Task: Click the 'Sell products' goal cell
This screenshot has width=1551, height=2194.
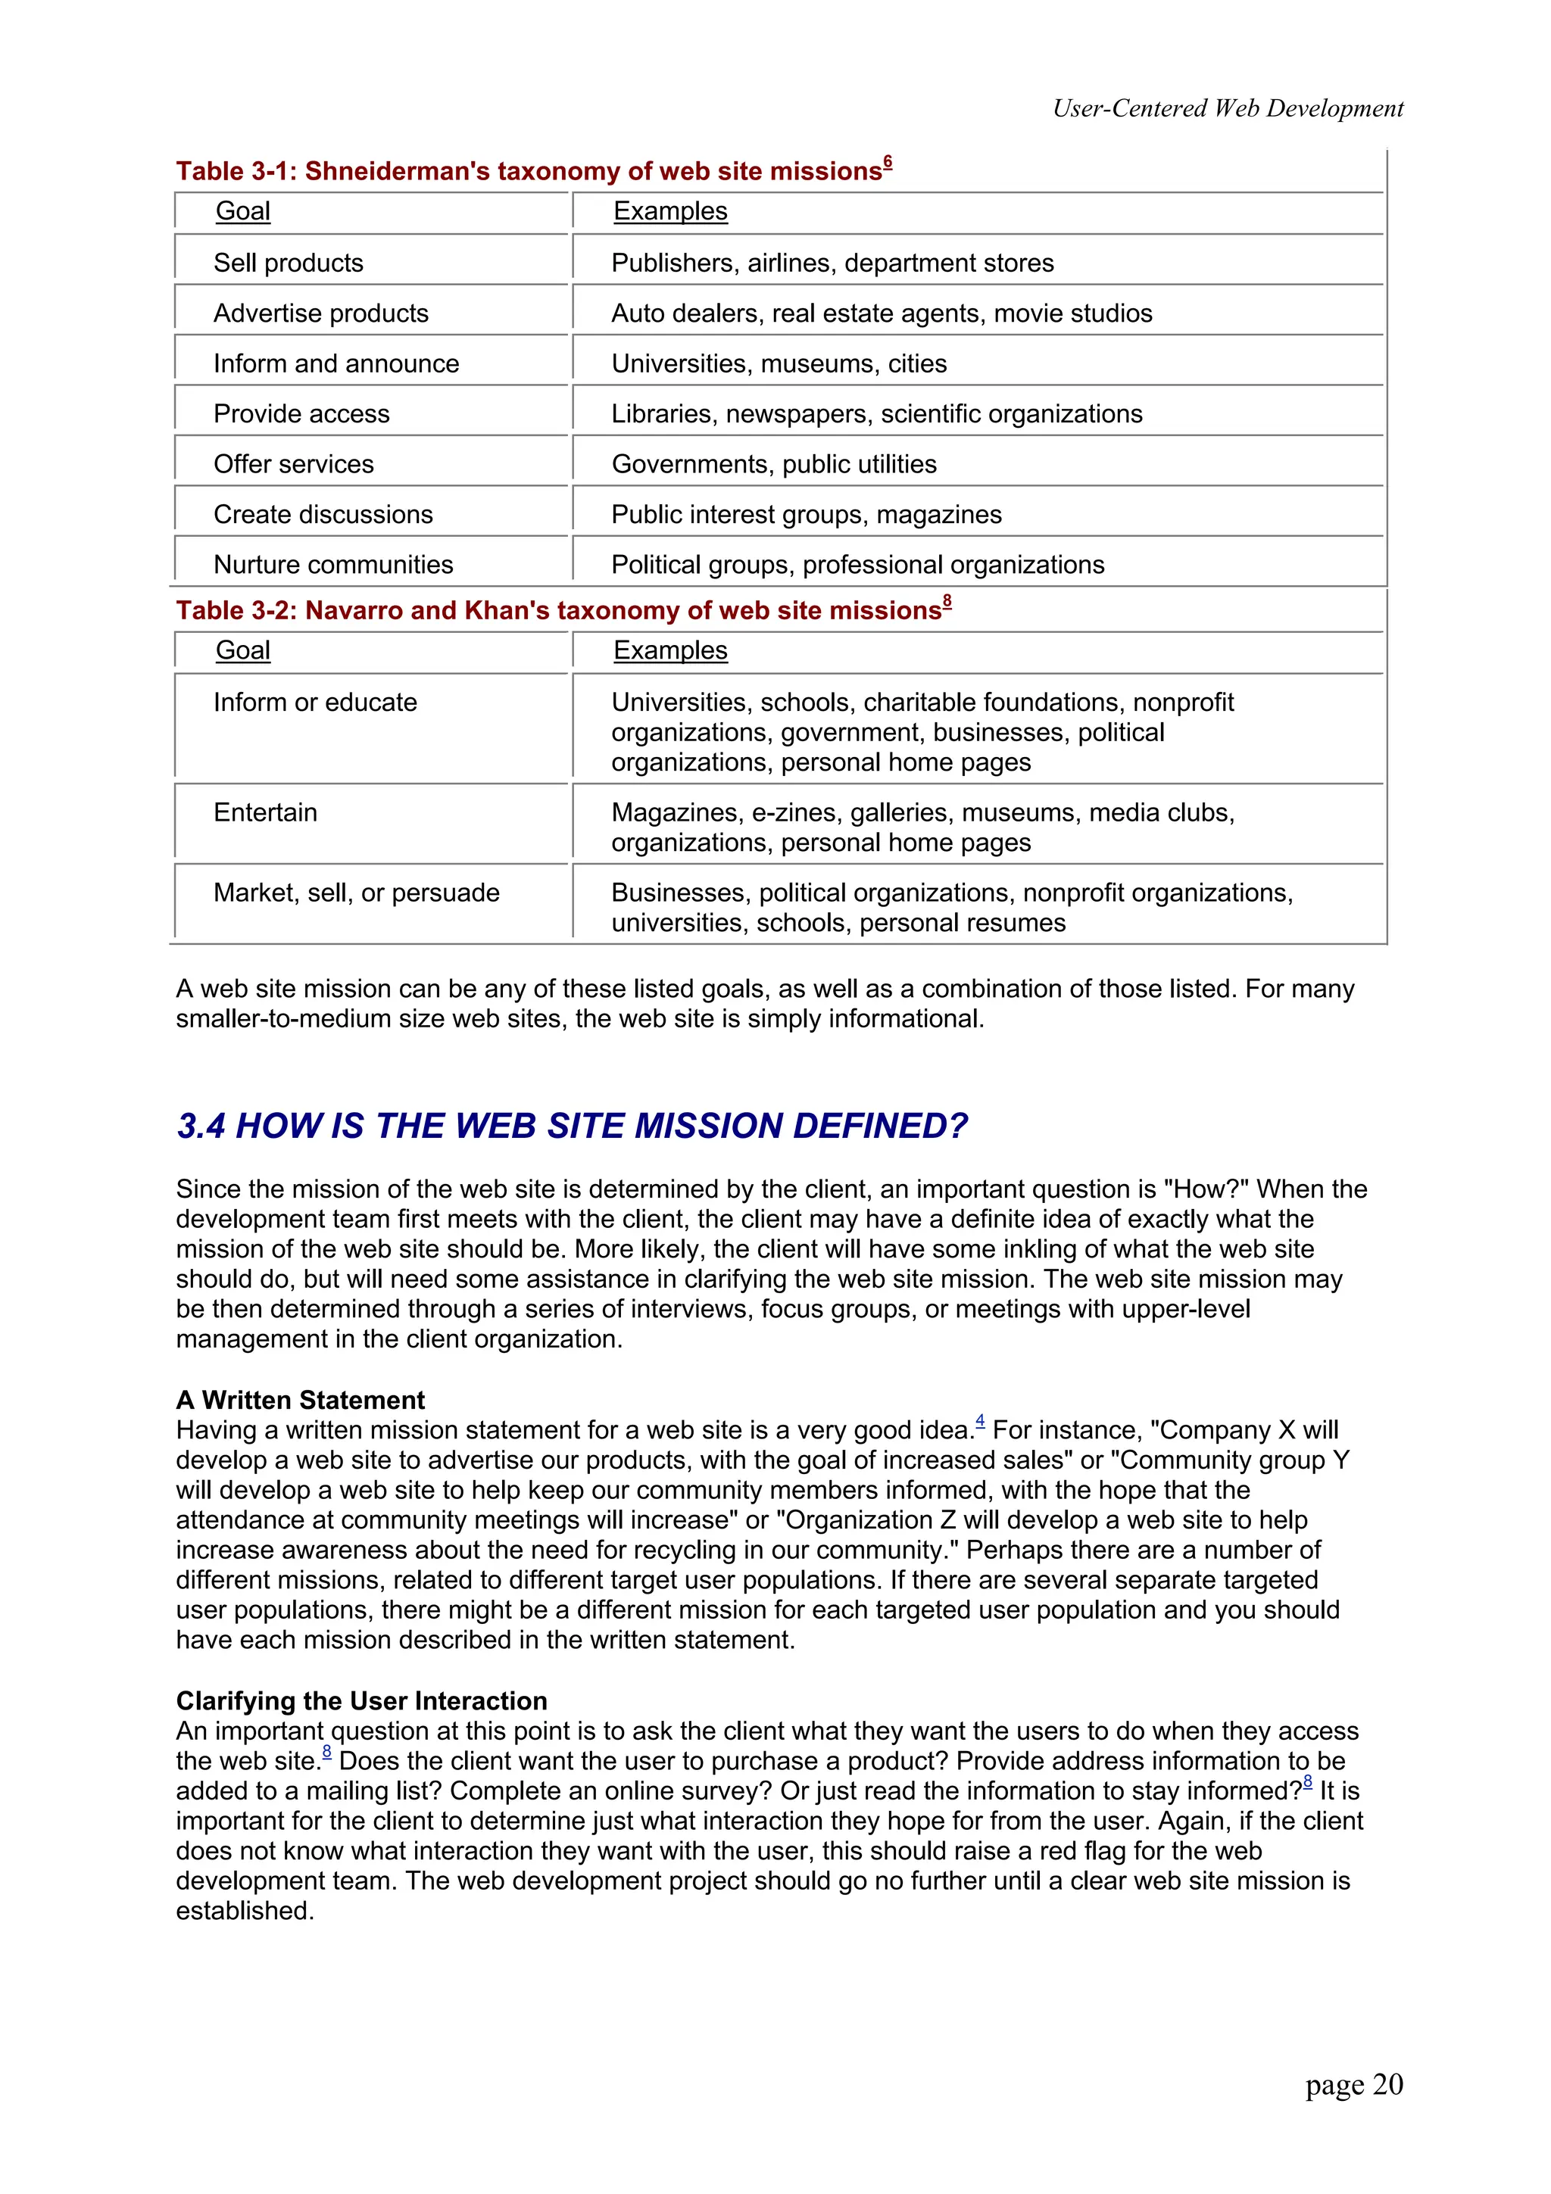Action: (288, 263)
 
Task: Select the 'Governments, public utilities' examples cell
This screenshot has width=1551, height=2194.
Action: (773, 464)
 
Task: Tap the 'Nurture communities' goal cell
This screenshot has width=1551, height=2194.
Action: (332, 565)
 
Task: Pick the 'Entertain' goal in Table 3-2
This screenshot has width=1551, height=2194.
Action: (265, 813)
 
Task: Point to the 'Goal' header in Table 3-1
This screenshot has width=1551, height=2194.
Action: (243, 211)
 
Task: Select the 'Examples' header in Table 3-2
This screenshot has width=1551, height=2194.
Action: (670, 651)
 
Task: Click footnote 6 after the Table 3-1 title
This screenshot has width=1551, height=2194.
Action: (888, 163)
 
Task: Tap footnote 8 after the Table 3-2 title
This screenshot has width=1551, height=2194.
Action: (947, 602)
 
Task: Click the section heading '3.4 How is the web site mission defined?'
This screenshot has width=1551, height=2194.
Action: (572, 1127)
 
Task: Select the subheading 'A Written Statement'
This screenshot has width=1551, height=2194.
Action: (300, 1400)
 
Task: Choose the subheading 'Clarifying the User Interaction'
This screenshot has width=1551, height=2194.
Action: (361, 1701)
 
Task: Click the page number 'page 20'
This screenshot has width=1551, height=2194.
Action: (1353, 2084)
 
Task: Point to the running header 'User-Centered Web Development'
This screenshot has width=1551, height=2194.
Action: (1227, 109)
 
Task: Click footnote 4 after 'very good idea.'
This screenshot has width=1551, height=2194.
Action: (979, 1422)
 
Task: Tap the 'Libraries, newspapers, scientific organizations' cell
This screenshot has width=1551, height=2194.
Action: (876, 415)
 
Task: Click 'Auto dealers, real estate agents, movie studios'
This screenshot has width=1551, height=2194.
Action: (881, 313)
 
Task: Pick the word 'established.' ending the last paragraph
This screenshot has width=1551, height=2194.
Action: (245, 1911)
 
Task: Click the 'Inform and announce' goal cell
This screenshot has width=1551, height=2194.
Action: (335, 364)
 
